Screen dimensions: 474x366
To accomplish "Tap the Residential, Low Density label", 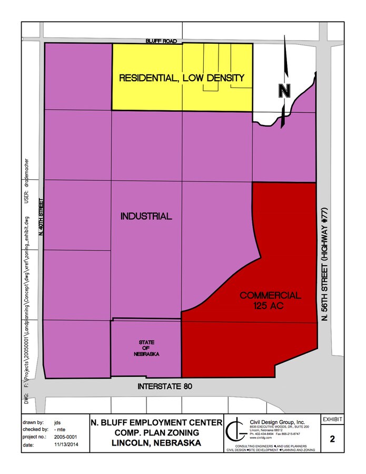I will pos(182,78).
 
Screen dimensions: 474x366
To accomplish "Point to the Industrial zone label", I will pos(146,216).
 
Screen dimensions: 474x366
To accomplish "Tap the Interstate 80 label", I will pos(164,386).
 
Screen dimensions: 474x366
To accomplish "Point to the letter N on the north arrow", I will pos(285,91).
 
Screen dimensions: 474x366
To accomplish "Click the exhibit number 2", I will pos(333,438).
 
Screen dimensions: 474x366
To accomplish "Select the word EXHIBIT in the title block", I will pos(333,420).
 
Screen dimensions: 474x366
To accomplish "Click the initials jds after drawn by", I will pos(57,423).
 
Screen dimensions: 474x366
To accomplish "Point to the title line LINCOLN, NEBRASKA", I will pos(156,443).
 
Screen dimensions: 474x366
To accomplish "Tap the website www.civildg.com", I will pos(260,438).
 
